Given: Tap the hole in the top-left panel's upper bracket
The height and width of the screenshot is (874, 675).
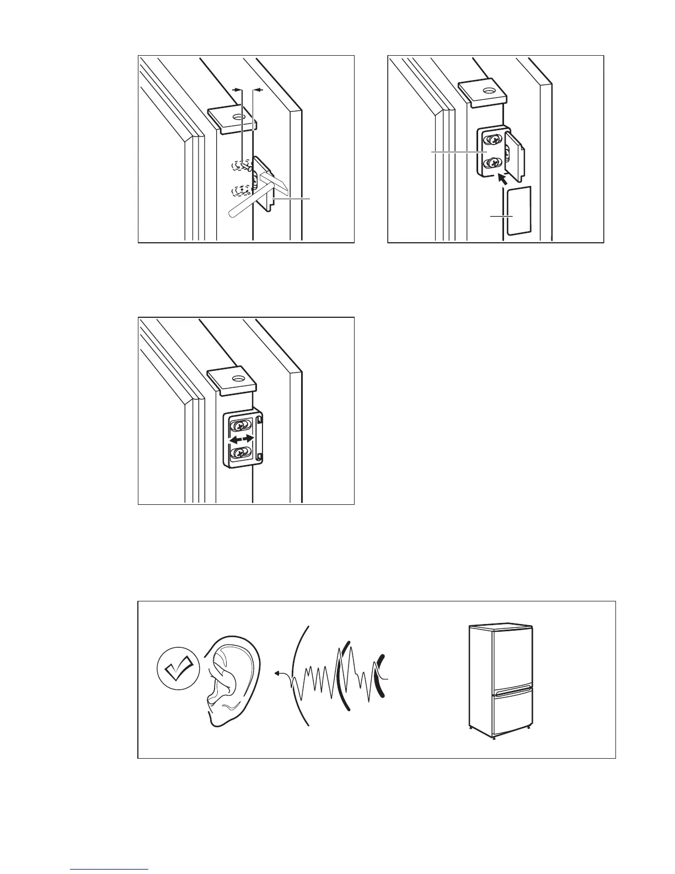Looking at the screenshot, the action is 238,117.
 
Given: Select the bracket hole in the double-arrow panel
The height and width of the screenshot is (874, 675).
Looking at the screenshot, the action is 238,379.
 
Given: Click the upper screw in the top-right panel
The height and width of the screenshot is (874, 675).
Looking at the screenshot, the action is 492,140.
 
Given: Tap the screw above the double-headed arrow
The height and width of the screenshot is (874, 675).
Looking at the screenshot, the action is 240,427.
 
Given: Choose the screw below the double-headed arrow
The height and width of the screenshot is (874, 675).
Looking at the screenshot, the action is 240,453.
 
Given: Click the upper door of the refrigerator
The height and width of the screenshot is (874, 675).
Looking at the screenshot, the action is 512,657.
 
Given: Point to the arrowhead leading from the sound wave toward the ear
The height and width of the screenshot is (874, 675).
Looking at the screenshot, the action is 277,674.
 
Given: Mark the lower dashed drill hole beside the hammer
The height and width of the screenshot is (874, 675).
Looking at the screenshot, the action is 239,190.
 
